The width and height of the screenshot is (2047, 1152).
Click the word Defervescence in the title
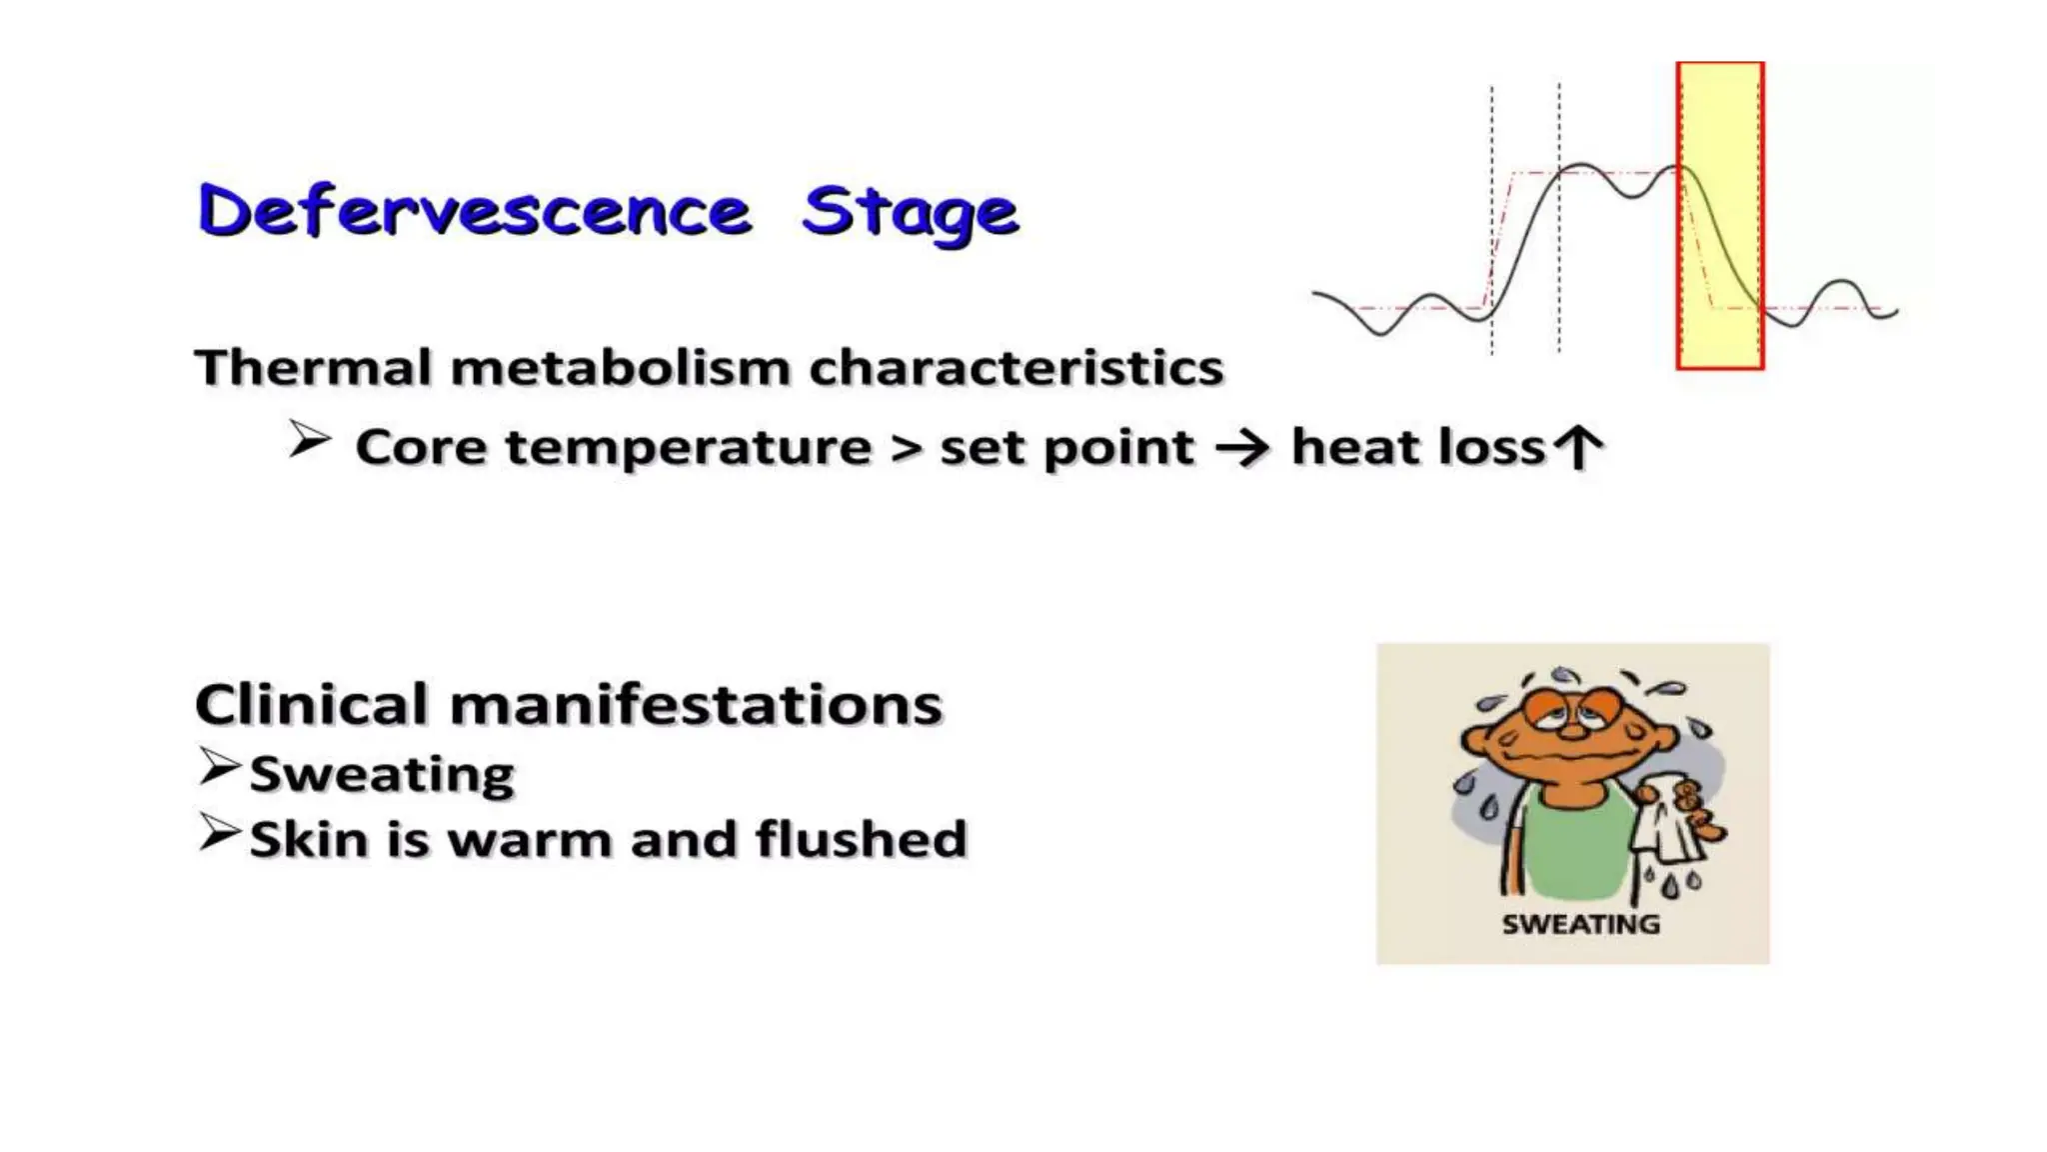click(x=474, y=211)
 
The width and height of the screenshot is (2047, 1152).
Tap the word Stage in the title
click(x=910, y=213)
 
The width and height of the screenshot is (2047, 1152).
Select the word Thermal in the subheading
click(x=314, y=367)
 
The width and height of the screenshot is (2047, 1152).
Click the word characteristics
click(x=1016, y=367)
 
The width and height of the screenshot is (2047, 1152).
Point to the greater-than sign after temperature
click(x=906, y=448)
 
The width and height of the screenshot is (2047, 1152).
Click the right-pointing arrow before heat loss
click(x=1241, y=448)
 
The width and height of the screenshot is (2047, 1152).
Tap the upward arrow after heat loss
click(x=1580, y=447)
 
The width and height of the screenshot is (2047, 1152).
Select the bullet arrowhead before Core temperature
click(x=309, y=440)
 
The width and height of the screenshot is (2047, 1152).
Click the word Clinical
click(x=314, y=704)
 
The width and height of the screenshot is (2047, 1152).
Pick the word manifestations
click(x=696, y=704)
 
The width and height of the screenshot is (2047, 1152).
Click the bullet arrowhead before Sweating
click(x=219, y=767)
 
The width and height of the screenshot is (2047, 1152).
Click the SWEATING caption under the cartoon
click(x=1580, y=924)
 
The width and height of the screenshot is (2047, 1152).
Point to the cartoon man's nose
click(x=1573, y=729)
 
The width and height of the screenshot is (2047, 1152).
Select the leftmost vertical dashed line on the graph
click(x=1491, y=220)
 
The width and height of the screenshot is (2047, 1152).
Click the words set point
click(x=1066, y=448)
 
